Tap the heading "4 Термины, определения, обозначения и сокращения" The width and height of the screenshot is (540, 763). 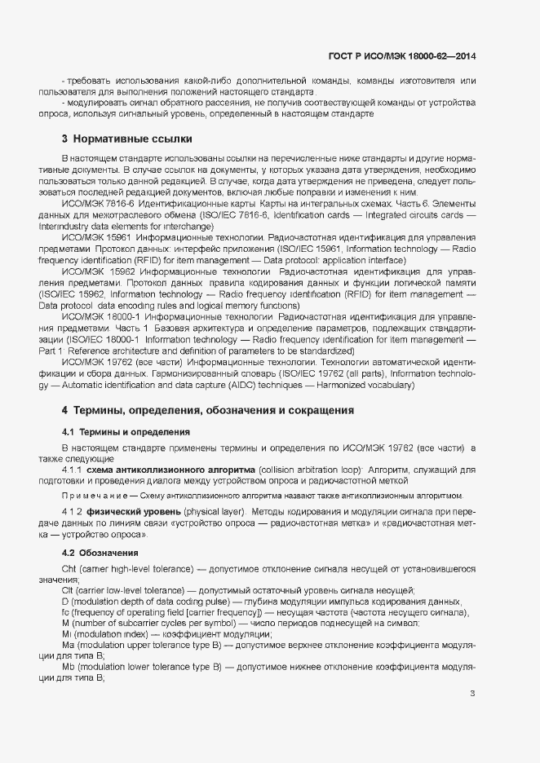(x=207, y=410)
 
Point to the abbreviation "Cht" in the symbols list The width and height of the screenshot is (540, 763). (x=69, y=567)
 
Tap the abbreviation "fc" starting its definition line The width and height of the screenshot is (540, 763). (x=66, y=612)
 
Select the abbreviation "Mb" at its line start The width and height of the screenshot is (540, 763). (x=69, y=668)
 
